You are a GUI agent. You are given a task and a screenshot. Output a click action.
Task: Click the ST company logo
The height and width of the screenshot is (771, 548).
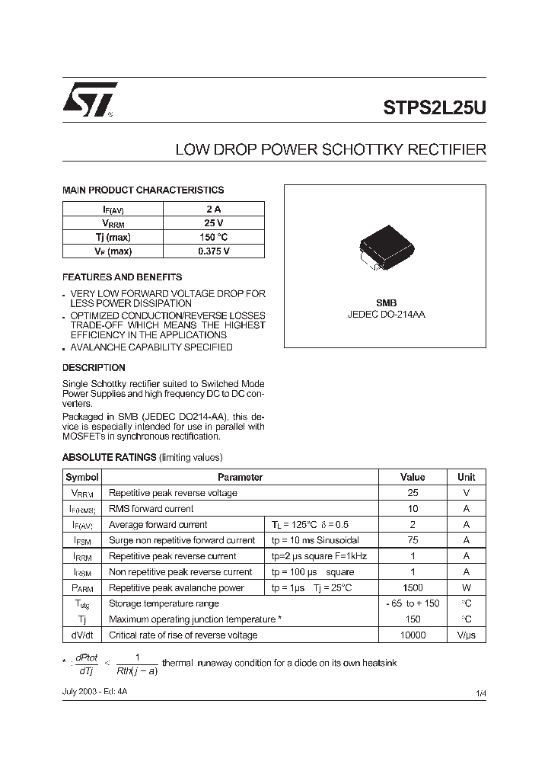pos(89,100)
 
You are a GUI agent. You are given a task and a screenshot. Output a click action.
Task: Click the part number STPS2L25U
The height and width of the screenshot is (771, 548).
pos(434,107)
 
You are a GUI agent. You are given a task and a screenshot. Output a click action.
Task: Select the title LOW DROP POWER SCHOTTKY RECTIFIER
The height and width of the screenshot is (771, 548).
pos(330,150)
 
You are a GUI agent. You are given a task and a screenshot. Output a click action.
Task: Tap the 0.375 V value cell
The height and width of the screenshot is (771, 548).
pos(214,251)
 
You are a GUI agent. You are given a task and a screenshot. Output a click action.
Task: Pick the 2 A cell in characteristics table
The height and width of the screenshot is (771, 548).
pos(214,209)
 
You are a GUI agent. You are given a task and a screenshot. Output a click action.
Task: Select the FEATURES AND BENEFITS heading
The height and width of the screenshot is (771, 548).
pos(122,277)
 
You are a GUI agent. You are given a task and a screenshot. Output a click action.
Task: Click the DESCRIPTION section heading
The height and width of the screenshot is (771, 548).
pos(94,367)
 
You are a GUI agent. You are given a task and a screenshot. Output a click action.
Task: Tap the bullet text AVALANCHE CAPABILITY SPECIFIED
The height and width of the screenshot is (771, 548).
pos(151,347)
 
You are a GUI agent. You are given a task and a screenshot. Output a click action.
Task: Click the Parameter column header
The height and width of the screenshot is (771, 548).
pos(240,477)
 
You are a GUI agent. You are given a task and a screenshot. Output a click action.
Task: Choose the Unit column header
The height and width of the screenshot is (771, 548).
pos(466,477)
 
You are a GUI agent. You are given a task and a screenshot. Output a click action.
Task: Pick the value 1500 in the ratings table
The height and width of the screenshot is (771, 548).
pos(413,587)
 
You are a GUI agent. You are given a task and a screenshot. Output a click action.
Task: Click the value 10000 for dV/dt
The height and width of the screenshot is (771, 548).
pos(413,635)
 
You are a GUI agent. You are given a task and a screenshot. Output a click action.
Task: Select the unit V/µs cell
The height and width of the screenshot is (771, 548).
pos(466,635)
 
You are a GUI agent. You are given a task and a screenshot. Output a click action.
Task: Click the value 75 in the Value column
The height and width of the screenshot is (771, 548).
pos(413,540)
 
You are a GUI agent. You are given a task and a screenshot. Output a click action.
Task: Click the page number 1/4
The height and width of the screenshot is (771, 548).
pos(479,692)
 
